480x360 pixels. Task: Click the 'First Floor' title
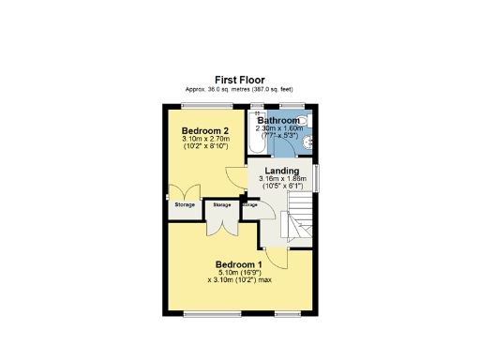pyautogui.click(x=239, y=81)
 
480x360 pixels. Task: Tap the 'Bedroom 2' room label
pyautogui.click(x=205, y=131)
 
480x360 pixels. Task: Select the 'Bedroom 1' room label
pyautogui.click(x=239, y=264)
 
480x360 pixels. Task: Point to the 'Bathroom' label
pyautogui.click(x=278, y=121)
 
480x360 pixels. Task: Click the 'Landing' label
pyautogui.click(x=281, y=171)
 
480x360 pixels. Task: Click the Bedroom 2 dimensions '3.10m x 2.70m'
pyautogui.click(x=205, y=140)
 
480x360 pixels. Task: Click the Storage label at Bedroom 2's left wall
pyautogui.click(x=184, y=204)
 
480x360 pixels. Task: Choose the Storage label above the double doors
pyautogui.click(x=222, y=204)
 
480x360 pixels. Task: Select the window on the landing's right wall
pyautogui.click(x=316, y=178)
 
